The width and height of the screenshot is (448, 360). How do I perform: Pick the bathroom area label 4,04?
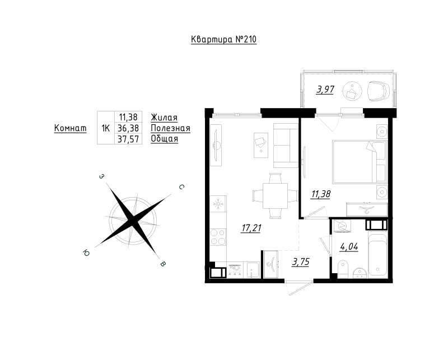click(x=349, y=245)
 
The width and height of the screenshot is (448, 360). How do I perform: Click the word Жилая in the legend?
click(x=164, y=117)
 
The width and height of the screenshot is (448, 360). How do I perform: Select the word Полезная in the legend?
click(x=170, y=128)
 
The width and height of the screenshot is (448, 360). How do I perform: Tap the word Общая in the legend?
click(x=164, y=139)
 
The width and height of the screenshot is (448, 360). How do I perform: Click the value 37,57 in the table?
click(x=128, y=139)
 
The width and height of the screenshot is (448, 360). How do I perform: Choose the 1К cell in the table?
click(x=105, y=128)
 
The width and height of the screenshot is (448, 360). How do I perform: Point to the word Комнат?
click(x=70, y=128)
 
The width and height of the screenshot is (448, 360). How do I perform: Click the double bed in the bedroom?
click(x=359, y=161)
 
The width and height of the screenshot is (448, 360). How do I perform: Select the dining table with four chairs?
click(x=275, y=195)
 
